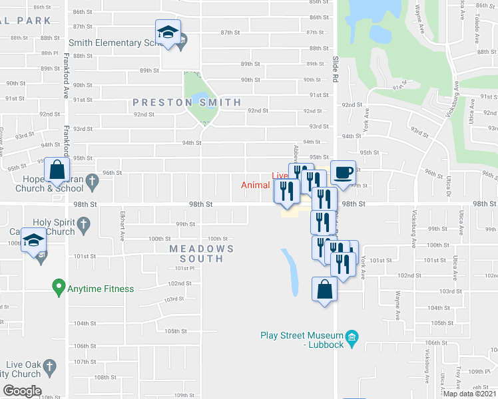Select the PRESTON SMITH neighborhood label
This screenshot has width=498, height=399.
[x=186, y=102]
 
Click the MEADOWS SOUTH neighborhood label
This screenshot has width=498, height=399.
[x=202, y=253]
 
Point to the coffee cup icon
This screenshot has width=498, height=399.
[x=344, y=173]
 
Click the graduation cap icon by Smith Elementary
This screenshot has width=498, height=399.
[x=168, y=31]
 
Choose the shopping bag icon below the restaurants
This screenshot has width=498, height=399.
[x=324, y=289]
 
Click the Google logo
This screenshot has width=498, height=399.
[x=22, y=391]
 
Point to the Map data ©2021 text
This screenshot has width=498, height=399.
[x=470, y=394]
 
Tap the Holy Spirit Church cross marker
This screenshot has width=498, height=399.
[x=84, y=226]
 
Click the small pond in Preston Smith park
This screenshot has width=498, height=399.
[x=198, y=100]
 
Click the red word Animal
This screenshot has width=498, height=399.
[x=255, y=186]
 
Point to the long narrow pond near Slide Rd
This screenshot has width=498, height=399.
[x=291, y=272]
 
